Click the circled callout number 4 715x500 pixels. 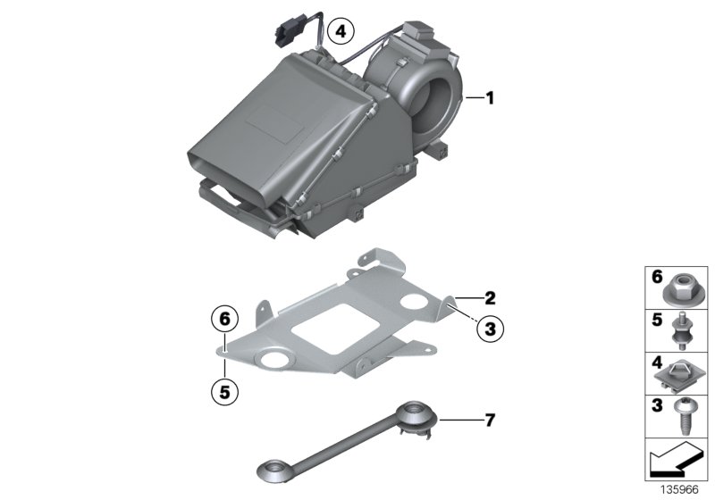pos(338,32)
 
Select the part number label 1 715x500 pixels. pos(489,98)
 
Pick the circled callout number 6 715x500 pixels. pos(226,317)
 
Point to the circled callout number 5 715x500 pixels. pos(226,389)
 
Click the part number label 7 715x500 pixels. pos(489,418)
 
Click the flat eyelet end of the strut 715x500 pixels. pos(271,467)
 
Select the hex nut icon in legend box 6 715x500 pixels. pos(678,287)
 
